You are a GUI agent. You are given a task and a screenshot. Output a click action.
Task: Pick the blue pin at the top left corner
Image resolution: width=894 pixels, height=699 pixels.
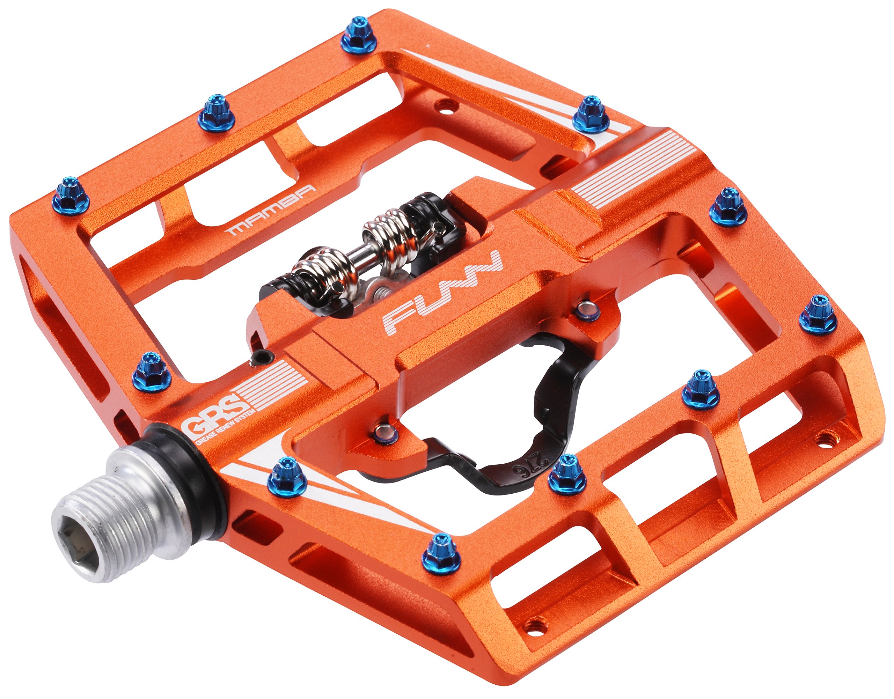coord(359,36)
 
